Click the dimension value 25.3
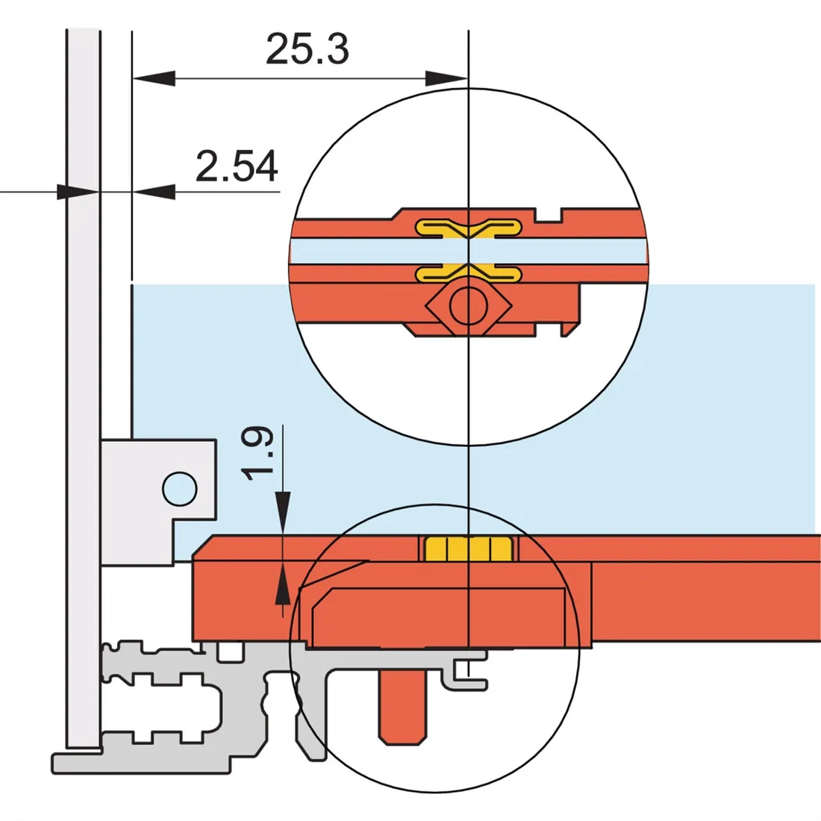[307, 49]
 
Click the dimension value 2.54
[237, 166]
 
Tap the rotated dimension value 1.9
[257, 454]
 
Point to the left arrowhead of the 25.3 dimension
[154, 78]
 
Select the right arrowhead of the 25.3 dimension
[446, 78]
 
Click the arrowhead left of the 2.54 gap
[78, 192]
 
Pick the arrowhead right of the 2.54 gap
[154, 192]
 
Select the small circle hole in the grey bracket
[180, 489]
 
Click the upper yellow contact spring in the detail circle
[469, 228]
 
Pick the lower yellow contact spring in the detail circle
[469, 272]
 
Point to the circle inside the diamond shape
[469, 306]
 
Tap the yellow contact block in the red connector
[469, 549]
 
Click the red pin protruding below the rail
[402, 706]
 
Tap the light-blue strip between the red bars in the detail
[469, 252]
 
